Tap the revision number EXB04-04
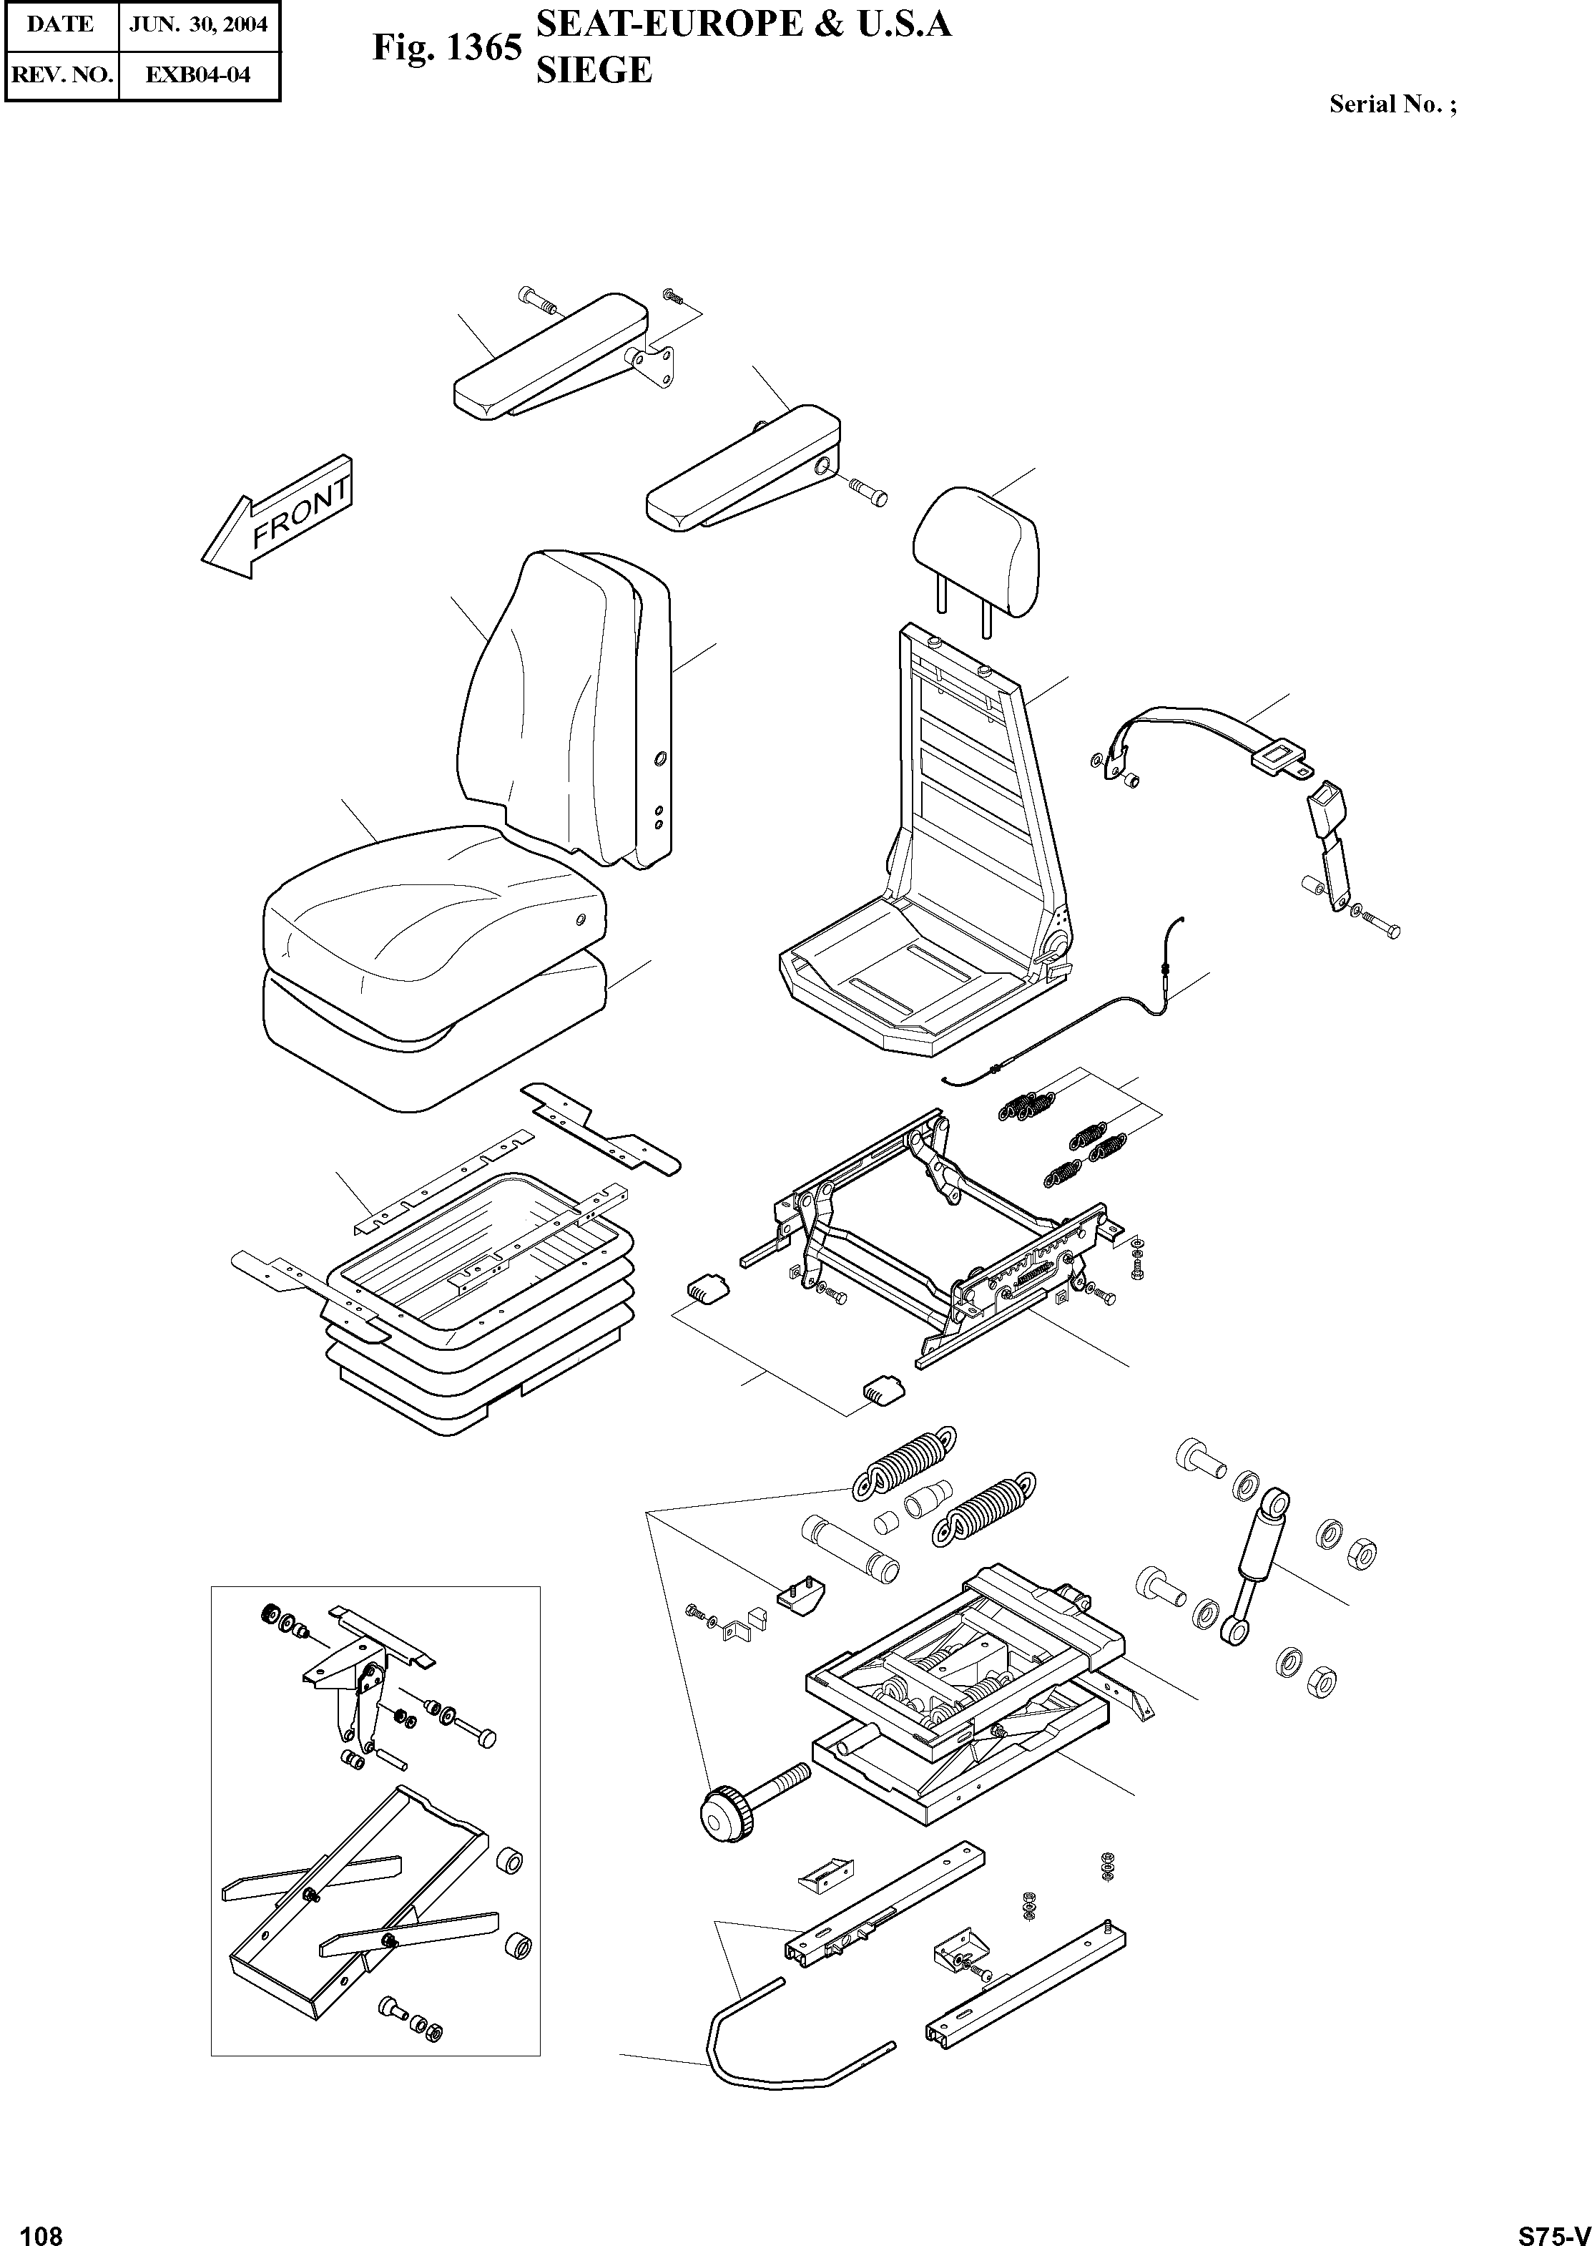(x=198, y=74)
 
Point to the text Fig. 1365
(x=447, y=48)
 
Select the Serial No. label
(x=1392, y=105)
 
